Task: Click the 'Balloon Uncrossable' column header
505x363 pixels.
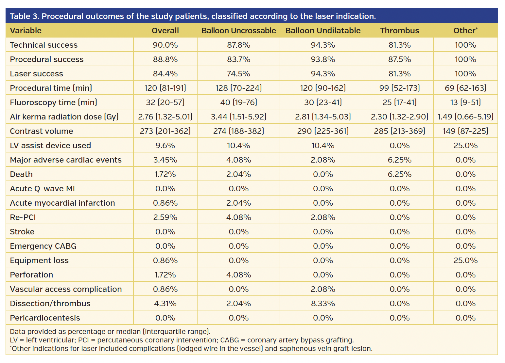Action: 238,31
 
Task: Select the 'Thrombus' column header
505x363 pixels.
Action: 399,31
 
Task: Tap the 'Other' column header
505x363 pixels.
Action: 465,31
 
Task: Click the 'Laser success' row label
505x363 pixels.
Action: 36,74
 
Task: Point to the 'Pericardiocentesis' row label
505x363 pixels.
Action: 45,318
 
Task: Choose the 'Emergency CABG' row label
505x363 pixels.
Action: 43,246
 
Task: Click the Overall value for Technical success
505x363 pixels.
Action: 165,45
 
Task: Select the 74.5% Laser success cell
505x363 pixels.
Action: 238,74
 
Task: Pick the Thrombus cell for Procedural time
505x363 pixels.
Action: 399,88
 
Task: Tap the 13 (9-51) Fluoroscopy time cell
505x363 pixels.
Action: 465,103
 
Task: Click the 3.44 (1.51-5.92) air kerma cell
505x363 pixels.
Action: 238,117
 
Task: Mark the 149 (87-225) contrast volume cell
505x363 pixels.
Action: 465,131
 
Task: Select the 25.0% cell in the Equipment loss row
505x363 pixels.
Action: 465,260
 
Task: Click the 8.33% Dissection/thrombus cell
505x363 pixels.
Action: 323,304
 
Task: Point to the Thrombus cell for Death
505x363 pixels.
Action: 399,174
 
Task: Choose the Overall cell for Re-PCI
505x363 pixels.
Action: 165,217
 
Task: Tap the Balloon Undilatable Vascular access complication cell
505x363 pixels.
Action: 323,289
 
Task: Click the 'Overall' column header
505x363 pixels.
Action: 165,31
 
